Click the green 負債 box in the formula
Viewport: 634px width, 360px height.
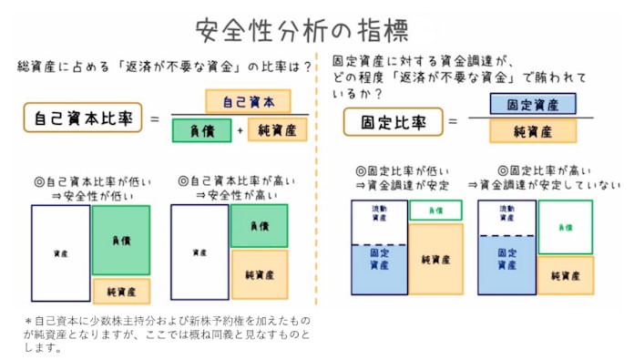point(201,130)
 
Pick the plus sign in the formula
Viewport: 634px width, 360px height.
point(240,130)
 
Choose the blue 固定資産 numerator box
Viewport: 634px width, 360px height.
point(532,104)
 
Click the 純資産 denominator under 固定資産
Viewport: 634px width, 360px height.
point(532,132)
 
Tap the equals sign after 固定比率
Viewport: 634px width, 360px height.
point(452,120)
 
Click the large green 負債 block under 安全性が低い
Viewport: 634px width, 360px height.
point(120,241)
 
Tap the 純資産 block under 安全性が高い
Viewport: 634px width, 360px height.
point(259,274)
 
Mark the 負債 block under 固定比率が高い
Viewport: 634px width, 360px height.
point(565,227)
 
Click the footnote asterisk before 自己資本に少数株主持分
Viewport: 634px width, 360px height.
point(27,321)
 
